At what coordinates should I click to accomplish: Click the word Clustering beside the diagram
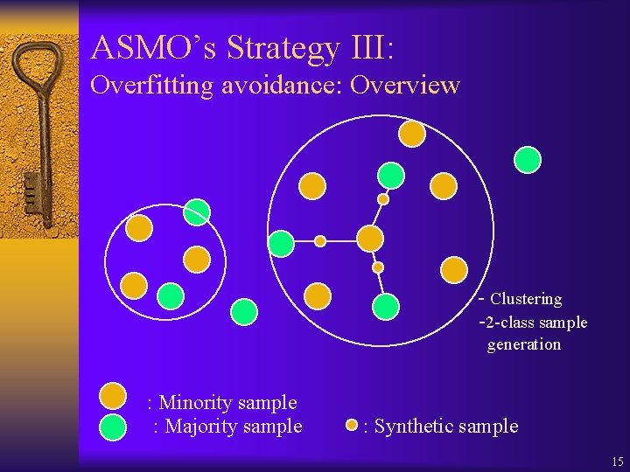click(x=526, y=299)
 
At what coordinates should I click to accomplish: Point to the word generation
click(x=524, y=344)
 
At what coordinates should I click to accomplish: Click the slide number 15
click(x=618, y=461)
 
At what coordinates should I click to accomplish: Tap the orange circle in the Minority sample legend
click(x=114, y=397)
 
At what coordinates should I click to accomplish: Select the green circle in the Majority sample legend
click(x=114, y=426)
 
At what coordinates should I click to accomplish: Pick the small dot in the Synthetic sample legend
click(x=352, y=426)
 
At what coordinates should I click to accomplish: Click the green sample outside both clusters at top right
click(x=528, y=159)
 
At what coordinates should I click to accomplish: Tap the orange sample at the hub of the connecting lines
click(x=370, y=238)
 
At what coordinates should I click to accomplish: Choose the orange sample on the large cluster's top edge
click(x=412, y=133)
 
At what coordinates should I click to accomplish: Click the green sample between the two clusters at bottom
click(x=244, y=311)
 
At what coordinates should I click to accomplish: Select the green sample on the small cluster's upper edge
click(x=197, y=212)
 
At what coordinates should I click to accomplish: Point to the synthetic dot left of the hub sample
click(x=320, y=241)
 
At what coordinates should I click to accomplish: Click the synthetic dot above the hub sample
click(x=382, y=199)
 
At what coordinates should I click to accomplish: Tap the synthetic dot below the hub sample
click(x=378, y=267)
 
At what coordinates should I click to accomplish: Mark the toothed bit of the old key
click(x=31, y=188)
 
